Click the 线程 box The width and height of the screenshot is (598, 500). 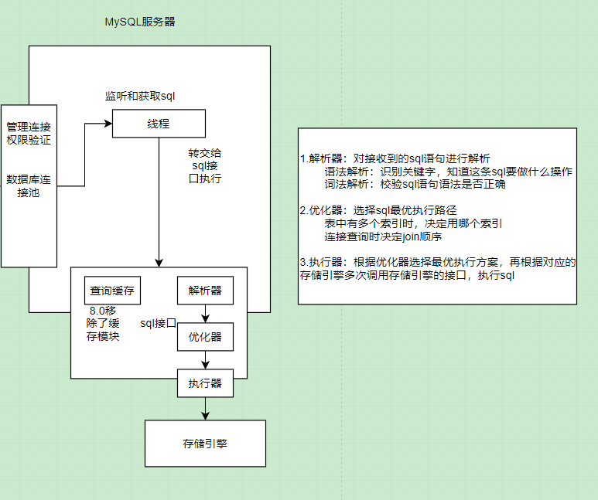point(159,124)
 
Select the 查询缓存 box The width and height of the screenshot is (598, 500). point(111,291)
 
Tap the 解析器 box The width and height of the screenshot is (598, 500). point(205,291)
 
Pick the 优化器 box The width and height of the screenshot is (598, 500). point(205,337)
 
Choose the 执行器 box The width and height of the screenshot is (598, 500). point(205,383)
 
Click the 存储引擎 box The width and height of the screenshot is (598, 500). point(205,444)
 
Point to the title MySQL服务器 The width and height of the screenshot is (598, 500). point(140,22)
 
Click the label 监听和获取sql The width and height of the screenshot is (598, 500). point(140,97)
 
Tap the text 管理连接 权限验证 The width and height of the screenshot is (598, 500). point(29,133)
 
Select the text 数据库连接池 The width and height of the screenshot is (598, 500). point(29,186)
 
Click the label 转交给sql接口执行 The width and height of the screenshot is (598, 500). point(206,165)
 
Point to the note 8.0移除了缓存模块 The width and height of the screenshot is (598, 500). point(103,323)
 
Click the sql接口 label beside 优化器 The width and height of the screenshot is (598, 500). point(159,322)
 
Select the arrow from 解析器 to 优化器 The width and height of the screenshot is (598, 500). point(206,314)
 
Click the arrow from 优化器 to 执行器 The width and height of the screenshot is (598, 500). point(206,360)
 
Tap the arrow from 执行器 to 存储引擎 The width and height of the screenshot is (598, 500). point(206,408)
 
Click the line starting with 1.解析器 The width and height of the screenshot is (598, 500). point(395,158)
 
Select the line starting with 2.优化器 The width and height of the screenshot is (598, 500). point(378,209)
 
